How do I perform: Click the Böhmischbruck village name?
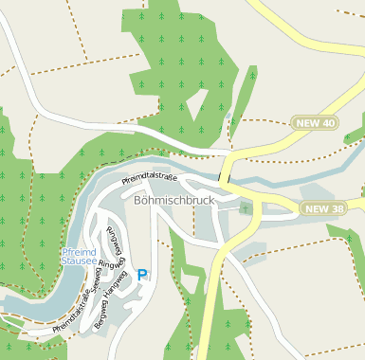pos(176,201)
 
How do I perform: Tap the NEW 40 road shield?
pos(315,123)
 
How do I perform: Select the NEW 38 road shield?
pos(324,207)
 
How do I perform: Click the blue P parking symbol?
pos(142,275)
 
